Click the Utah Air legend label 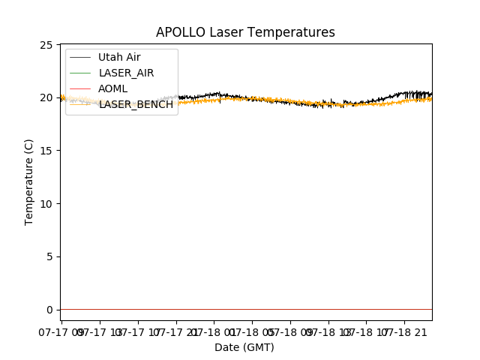(x=119, y=57)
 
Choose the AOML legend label (x=112, y=88)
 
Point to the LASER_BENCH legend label (x=136, y=104)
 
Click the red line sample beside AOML (x=82, y=88)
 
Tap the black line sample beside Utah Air (x=82, y=57)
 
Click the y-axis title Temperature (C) (x=29, y=181)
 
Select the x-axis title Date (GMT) (x=244, y=347)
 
